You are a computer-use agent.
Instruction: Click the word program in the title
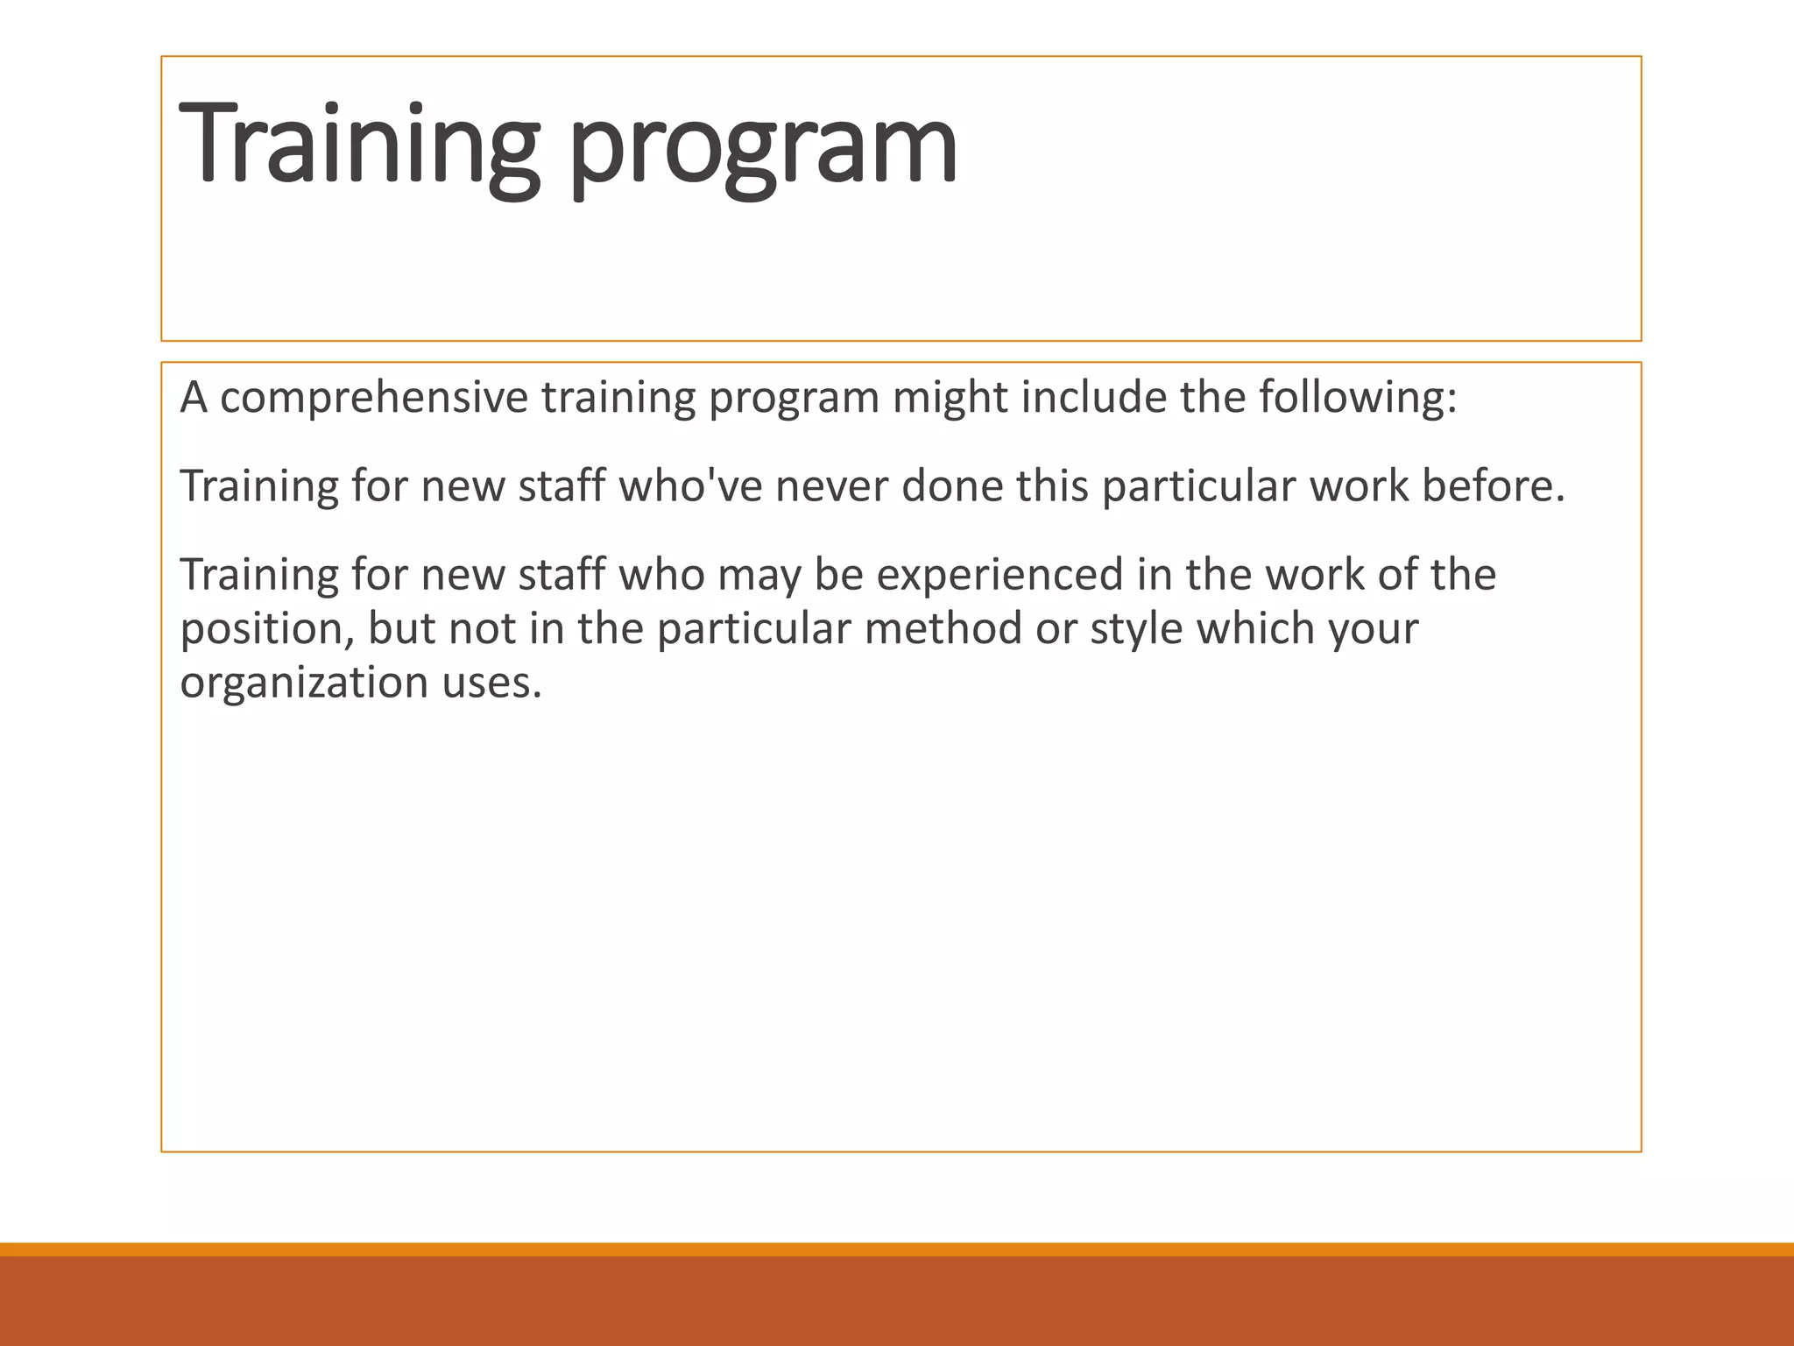[762, 149]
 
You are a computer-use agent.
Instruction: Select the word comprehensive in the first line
[374, 399]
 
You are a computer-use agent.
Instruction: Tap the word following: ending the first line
[1358, 399]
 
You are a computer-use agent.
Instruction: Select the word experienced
[999, 576]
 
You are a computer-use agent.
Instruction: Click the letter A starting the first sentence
[194, 399]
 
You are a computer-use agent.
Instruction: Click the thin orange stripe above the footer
[897, 1249]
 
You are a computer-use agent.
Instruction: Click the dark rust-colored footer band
[897, 1301]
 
